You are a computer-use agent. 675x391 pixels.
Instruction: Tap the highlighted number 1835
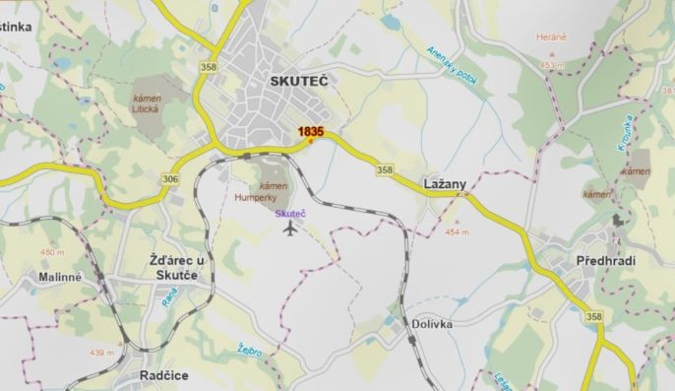click(311, 131)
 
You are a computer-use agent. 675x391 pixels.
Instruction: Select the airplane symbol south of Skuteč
click(289, 229)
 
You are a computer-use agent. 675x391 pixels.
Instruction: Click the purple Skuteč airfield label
click(290, 214)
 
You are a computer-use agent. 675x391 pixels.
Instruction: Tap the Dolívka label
click(433, 322)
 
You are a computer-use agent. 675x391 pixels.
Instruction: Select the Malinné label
click(61, 278)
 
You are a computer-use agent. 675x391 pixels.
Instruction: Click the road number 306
click(171, 178)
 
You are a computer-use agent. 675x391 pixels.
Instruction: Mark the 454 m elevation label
click(458, 232)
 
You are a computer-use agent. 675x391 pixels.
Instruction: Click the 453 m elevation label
click(552, 65)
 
